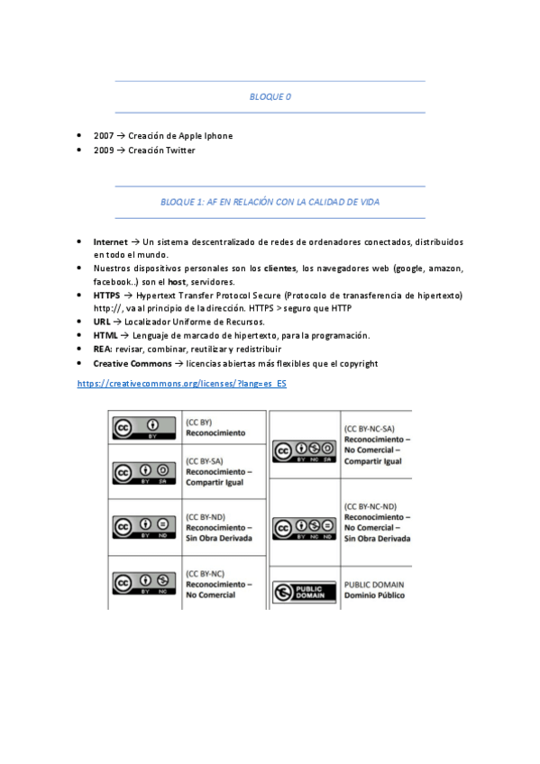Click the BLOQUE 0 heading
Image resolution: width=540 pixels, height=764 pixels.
click(270, 96)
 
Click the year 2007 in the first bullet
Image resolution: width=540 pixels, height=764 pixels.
click(103, 136)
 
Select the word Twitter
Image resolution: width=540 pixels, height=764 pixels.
click(179, 150)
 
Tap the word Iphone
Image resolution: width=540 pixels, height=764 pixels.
click(217, 136)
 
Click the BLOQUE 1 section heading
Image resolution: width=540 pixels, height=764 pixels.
click(270, 203)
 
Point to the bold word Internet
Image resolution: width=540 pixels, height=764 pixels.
click(110, 242)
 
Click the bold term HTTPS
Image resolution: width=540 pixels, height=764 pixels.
click(106, 295)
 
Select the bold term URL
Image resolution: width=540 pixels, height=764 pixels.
click(102, 322)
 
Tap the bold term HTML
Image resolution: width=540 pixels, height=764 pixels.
click(105, 335)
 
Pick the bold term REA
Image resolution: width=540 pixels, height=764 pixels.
click(102, 349)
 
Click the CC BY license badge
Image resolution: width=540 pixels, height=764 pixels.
click(143, 427)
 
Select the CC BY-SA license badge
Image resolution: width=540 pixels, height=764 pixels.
click(143, 473)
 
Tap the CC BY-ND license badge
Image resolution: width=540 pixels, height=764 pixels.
click(143, 527)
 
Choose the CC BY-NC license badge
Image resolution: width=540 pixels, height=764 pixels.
click(143, 583)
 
